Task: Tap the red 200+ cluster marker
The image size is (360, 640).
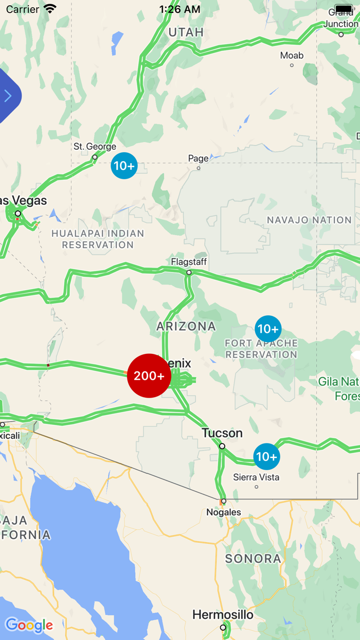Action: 149,376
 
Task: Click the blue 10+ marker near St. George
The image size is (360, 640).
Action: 124,166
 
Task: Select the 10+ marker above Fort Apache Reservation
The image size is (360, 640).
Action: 268,329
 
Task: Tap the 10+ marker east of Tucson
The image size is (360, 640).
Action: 266,456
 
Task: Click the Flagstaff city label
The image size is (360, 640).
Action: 189,262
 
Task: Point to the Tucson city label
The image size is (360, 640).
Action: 222,433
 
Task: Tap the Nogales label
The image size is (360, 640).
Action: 224,512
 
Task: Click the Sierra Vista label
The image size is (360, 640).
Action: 256,477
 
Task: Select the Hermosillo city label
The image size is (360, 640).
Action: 223,615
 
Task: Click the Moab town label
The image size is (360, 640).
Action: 292,56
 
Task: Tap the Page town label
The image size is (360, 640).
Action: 199,158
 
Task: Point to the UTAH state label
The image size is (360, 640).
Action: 186,32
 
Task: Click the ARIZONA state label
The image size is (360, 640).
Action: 186,326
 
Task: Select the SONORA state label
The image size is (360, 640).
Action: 253,558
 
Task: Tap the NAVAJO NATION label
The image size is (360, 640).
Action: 309,220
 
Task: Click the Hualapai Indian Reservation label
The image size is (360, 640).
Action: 98,239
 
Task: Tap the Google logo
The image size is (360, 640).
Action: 29,626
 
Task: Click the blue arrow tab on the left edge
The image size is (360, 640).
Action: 8,96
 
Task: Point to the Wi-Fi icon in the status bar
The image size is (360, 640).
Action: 50,9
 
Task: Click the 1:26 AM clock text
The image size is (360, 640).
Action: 179,9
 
